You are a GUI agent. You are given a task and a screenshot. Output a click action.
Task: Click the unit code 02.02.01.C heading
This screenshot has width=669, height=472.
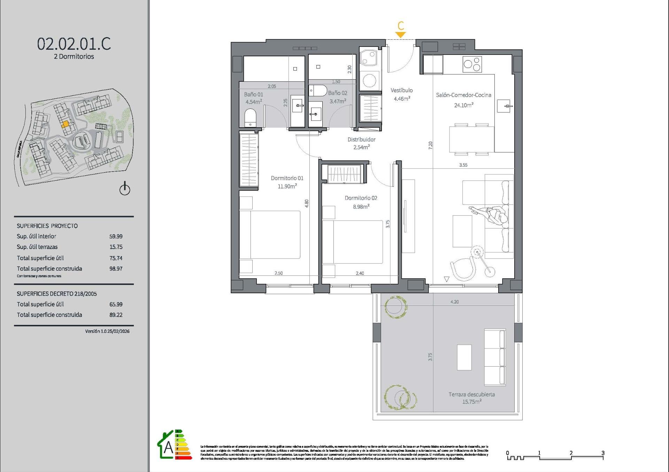(x=74, y=44)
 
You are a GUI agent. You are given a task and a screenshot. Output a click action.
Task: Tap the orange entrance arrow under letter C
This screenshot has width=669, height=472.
(x=400, y=35)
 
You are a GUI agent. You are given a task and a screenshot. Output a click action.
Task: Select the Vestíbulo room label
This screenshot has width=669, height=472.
(x=401, y=90)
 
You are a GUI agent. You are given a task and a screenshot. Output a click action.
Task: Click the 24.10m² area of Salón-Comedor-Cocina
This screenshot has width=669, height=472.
(x=463, y=105)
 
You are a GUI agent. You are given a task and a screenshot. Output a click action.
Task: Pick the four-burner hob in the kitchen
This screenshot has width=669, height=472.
(x=472, y=64)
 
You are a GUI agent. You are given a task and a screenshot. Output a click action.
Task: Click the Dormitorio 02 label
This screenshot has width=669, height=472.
(x=361, y=198)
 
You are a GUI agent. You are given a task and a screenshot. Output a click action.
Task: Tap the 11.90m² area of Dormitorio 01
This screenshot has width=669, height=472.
(x=287, y=186)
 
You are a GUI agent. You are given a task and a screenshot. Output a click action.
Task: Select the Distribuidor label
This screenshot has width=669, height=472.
(x=361, y=139)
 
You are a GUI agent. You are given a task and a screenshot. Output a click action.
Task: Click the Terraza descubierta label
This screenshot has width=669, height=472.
(x=471, y=394)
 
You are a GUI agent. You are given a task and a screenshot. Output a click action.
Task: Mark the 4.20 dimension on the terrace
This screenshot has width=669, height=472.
(x=454, y=302)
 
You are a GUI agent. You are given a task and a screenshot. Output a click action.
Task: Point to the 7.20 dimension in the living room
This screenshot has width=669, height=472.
(x=430, y=145)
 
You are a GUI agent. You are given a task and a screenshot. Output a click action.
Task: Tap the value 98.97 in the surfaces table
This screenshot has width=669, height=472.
(x=116, y=269)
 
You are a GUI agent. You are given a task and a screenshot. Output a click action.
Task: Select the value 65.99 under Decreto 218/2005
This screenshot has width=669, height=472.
(x=116, y=304)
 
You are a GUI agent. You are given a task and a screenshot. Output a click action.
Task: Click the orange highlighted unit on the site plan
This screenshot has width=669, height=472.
(x=65, y=124)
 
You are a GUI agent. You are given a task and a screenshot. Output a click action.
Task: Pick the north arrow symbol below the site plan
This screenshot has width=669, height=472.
(x=125, y=189)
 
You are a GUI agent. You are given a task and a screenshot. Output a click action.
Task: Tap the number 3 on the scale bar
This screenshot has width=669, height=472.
(x=603, y=453)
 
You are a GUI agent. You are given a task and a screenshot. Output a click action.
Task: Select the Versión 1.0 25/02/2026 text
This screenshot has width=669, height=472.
(x=107, y=331)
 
